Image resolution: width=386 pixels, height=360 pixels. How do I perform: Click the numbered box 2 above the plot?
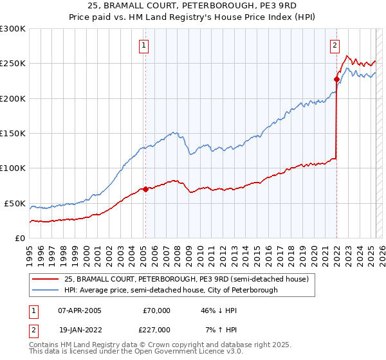point(335,46)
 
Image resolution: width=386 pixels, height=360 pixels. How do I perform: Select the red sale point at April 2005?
point(145,189)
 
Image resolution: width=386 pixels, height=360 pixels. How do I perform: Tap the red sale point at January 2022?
point(336,80)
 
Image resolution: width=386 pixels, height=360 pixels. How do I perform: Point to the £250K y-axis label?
point(13,64)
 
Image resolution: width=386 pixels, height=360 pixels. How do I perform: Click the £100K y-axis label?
point(13,168)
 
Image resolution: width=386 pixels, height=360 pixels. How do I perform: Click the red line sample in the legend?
point(45,279)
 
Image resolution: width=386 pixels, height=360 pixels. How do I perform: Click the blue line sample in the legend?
point(45,290)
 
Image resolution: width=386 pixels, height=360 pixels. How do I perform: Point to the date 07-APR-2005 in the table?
point(79,310)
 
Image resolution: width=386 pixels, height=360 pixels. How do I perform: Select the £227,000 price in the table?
point(156,329)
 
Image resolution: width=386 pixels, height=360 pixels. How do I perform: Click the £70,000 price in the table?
point(156,310)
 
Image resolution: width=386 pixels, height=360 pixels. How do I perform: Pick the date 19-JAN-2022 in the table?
point(79,329)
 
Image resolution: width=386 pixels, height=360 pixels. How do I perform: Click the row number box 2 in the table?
point(33,329)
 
